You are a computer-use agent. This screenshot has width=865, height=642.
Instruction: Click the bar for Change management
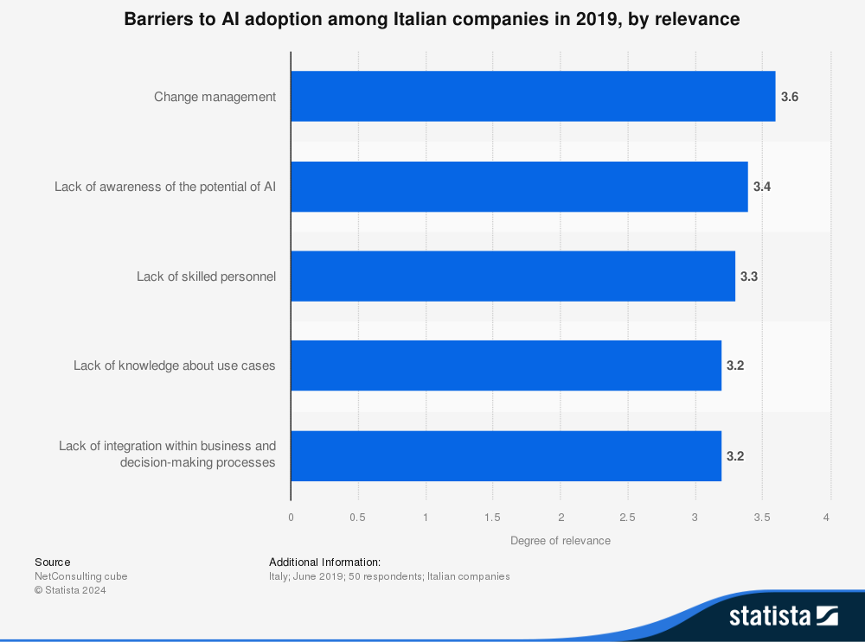pos(533,96)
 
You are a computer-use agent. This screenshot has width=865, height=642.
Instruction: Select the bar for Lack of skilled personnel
pos(513,277)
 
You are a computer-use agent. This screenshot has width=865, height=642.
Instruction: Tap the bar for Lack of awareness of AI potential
pos(519,187)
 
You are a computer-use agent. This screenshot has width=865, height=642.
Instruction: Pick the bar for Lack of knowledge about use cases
pos(506,365)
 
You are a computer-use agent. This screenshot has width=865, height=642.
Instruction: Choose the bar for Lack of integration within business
pos(506,455)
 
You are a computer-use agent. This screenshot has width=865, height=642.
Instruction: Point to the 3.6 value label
pos(789,97)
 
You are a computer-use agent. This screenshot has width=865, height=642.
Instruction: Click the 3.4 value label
pos(762,187)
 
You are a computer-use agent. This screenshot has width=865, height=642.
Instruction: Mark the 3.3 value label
pos(749,277)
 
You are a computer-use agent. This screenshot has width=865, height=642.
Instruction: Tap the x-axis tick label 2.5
pos(628,518)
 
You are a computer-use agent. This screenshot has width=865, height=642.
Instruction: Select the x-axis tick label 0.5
pos(358,518)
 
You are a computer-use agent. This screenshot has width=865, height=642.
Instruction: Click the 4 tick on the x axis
pos(827,518)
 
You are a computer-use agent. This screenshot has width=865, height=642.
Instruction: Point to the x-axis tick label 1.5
pos(493,518)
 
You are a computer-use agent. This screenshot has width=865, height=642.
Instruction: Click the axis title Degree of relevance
pos(561,541)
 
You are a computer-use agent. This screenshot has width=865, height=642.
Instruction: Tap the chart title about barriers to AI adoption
pos(432,19)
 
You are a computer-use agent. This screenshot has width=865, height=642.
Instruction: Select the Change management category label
pos(215,97)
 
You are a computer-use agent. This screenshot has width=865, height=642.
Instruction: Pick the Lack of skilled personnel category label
pos(206,277)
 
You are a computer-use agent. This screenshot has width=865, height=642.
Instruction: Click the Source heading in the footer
pos(53,563)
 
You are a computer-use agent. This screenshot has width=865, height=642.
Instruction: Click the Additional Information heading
pos(324,563)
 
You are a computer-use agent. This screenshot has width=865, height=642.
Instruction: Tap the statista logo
pos(783,616)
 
